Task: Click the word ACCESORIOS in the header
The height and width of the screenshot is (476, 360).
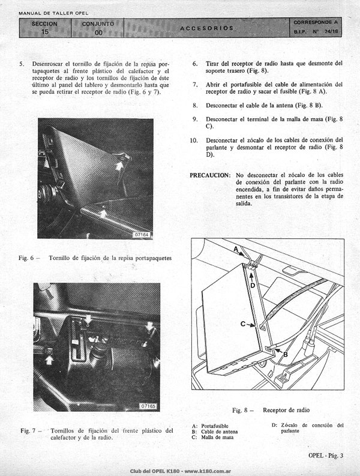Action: [x=207, y=28]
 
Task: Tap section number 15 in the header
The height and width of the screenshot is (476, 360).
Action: [x=44, y=32]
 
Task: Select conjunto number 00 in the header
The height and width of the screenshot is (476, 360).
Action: [x=98, y=32]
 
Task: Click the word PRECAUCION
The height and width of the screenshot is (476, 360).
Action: [x=211, y=175]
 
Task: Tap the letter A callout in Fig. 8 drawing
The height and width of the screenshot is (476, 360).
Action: [x=236, y=249]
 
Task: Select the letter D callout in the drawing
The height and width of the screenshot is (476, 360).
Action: [x=253, y=285]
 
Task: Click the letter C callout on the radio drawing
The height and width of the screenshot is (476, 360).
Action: [x=243, y=324]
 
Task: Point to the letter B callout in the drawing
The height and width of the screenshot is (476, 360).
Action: [x=286, y=354]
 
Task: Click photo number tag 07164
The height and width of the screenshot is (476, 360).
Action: [x=142, y=235]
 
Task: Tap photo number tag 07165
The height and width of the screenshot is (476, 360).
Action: [x=148, y=406]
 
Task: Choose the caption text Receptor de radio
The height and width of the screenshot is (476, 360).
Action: [x=286, y=410]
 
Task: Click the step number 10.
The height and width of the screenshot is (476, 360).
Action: [x=193, y=140]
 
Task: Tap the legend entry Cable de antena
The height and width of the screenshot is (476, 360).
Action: [x=220, y=432]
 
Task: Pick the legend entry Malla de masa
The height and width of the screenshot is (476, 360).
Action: [x=217, y=437]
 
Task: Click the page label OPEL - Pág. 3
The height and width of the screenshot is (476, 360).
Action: [x=326, y=456]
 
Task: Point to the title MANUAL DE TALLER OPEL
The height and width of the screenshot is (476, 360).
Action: [x=53, y=13]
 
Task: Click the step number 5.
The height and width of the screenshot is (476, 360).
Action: [x=22, y=64]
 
